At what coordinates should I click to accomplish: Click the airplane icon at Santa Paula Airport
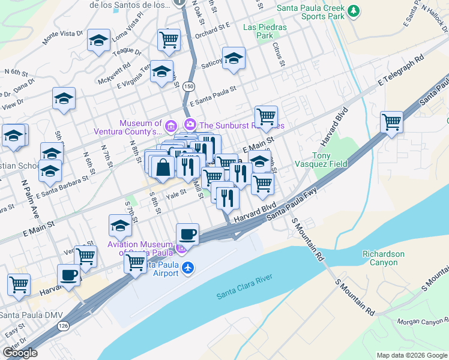[x=188, y=268]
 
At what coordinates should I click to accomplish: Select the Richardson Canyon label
[x=383, y=258]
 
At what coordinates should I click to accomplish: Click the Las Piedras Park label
[x=265, y=31]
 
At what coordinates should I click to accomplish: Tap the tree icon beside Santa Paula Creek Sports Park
[x=354, y=10]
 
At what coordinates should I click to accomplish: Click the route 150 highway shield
[x=189, y=87]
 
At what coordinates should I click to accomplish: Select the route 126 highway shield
[x=62, y=325]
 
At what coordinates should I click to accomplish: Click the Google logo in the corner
[x=20, y=353]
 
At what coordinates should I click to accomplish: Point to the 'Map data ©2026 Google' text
[x=412, y=355]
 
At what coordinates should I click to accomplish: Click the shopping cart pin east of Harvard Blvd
[x=391, y=122]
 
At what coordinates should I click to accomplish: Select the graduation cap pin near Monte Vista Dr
[x=98, y=41]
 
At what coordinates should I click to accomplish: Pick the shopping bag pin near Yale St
[x=163, y=167]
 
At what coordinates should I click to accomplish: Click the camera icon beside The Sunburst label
[x=190, y=125]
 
